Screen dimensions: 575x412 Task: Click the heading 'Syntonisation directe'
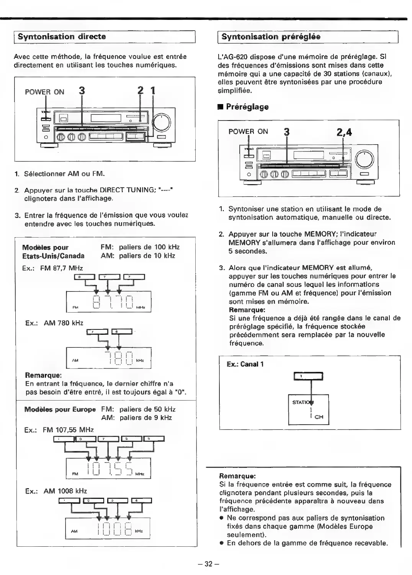click(x=62, y=37)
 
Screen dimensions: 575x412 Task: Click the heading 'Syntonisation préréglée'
click(x=271, y=37)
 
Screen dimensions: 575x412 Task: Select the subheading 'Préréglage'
click(x=247, y=107)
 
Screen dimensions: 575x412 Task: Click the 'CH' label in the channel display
click(x=319, y=417)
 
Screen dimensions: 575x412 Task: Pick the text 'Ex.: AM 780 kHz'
click(x=54, y=323)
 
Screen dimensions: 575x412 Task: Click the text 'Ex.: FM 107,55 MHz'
click(x=59, y=430)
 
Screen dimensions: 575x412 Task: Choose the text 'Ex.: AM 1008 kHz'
click(x=56, y=491)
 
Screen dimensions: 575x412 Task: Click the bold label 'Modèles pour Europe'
click(x=60, y=409)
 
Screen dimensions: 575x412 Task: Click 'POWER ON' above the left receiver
click(x=44, y=92)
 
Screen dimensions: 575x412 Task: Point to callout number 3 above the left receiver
click(x=81, y=91)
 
